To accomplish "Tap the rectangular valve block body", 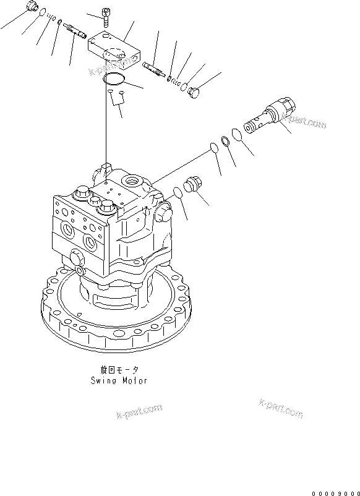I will (116, 51).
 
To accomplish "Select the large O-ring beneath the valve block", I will (114, 79).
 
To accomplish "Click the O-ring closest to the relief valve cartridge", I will (237, 134).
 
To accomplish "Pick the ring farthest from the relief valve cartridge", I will (212, 148).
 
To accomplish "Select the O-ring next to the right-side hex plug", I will (176, 192).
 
